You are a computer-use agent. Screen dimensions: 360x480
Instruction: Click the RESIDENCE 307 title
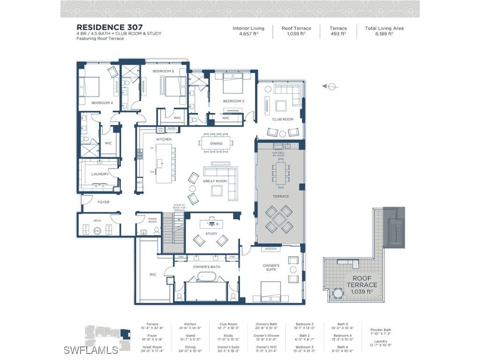(110, 28)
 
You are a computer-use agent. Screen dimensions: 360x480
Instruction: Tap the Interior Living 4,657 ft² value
(248, 34)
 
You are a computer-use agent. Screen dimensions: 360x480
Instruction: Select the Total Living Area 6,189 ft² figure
(384, 34)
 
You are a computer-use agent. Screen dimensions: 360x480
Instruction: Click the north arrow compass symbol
(331, 86)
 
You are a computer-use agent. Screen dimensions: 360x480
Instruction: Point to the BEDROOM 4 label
(102, 103)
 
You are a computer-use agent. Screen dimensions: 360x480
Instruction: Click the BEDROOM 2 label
(233, 101)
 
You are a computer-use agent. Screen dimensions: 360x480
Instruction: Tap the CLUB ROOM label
(283, 120)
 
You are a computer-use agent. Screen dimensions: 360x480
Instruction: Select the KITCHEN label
(164, 139)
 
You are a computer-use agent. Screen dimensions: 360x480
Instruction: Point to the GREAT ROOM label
(215, 181)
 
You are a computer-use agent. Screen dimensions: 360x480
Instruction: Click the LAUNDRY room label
(100, 174)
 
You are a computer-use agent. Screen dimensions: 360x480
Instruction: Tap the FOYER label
(103, 202)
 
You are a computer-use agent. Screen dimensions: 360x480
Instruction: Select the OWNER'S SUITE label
(270, 268)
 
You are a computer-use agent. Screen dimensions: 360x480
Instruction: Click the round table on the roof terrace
(337, 294)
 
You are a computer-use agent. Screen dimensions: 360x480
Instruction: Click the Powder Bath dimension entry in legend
(381, 332)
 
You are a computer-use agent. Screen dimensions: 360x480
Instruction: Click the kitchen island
(164, 164)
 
